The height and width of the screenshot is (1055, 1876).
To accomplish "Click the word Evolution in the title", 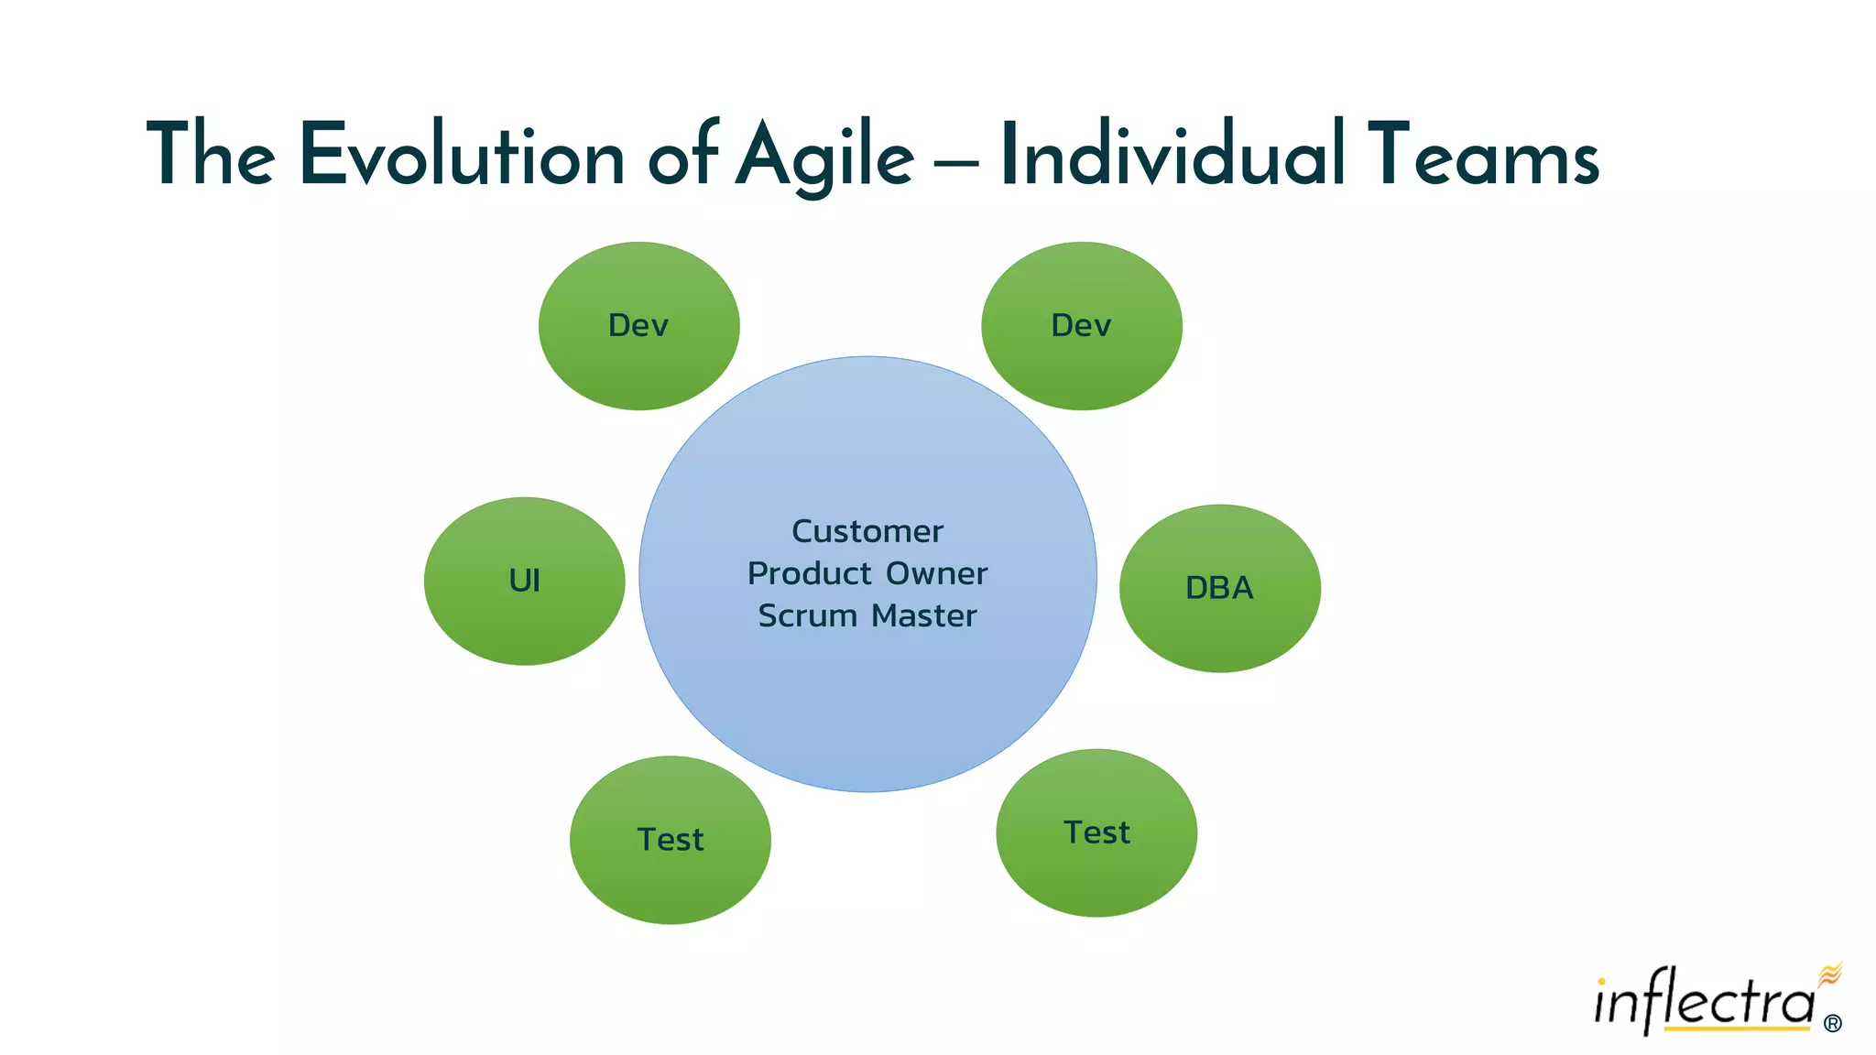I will point(462,156).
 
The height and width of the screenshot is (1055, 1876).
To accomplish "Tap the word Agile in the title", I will point(824,156).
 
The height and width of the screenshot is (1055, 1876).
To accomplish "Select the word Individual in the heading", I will point(1172,156).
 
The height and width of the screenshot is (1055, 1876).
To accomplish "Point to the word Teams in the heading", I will point(1483,156).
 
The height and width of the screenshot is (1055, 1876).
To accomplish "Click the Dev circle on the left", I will point(638,326).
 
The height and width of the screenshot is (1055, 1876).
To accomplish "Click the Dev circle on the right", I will point(1081,326).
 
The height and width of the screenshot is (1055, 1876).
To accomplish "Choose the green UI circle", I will point(524,581).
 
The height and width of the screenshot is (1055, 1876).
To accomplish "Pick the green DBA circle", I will point(1219,588).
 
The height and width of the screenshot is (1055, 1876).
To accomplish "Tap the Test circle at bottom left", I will point(670,840).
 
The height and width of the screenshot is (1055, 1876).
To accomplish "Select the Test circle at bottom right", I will point(1096,832).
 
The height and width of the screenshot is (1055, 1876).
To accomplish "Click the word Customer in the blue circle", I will point(867,531).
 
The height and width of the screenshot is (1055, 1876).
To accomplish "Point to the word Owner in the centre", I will point(937,573).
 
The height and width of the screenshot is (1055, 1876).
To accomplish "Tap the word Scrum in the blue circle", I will point(807,615).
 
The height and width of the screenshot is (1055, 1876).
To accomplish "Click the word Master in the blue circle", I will point(924,615).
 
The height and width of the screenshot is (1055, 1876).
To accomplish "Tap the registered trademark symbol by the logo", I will point(1832,1023).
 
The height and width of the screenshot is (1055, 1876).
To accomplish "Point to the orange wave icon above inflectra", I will point(1829,974).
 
